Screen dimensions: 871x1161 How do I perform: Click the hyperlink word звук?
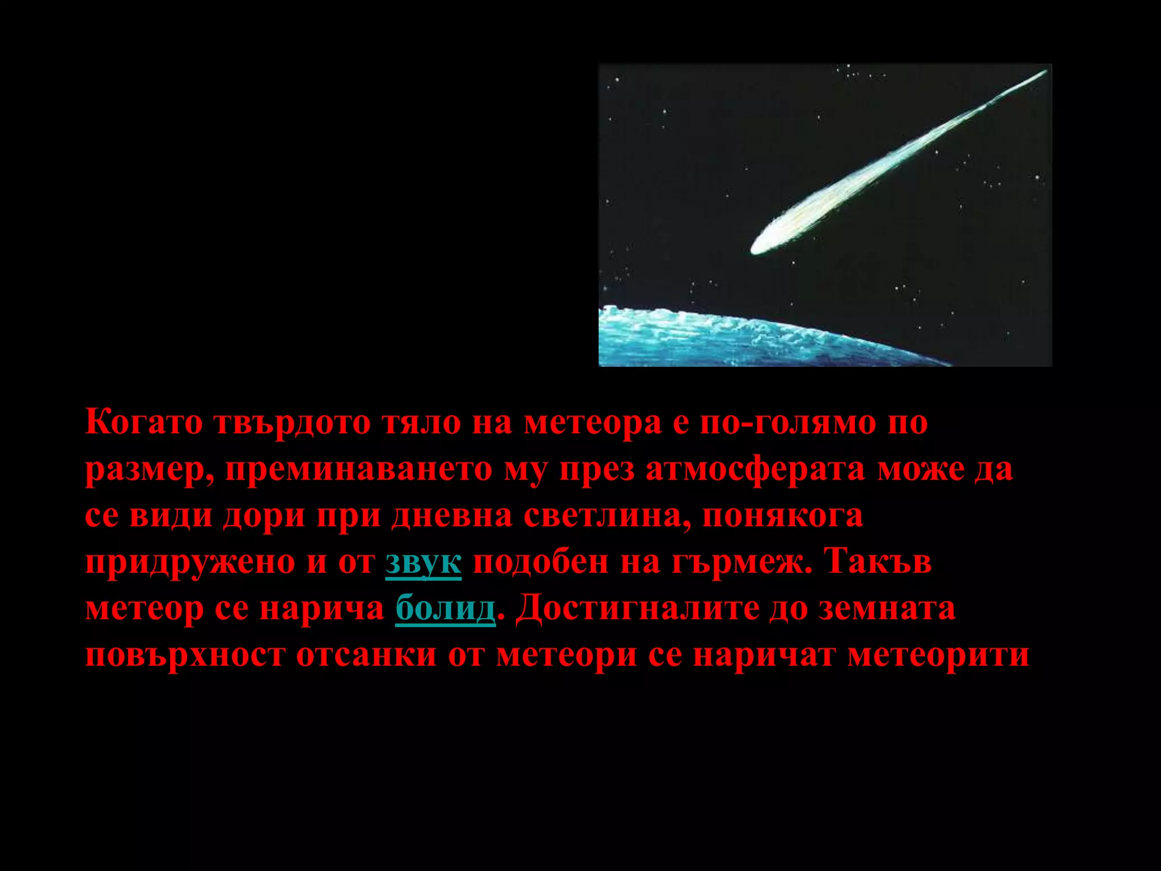click(423, 563)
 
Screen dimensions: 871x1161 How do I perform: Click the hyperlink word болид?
click(445, 609)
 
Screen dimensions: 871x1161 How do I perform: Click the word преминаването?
click(359, 470)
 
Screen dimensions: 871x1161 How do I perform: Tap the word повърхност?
click(184, 656)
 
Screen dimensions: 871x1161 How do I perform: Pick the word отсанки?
click(366, 656)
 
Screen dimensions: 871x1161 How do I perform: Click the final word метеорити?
click(938, 656)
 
